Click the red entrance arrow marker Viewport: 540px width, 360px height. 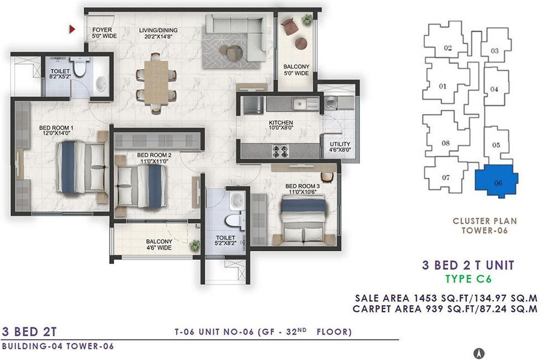tap(72, 29)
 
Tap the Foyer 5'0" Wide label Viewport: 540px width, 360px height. tap(104, 33)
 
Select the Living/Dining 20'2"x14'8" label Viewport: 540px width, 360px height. tap(158, 33)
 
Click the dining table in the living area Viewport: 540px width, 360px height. tap(156, 83)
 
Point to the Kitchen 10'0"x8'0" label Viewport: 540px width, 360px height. tap(281, 125)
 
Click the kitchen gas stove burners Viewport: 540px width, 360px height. tap(280, 152)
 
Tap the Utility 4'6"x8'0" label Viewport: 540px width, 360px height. tap(340, 147)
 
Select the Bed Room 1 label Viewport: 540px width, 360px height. tap(56, 130)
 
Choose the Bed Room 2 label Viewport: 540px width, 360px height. tap(154, 158)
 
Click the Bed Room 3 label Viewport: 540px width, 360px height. tap(302, 189)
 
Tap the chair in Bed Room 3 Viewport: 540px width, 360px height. tap(327, 177)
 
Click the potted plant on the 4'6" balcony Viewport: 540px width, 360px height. tap(195, 245)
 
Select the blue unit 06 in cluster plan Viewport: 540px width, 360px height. tap(496, 181)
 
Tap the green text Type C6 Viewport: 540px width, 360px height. tap(469, 279)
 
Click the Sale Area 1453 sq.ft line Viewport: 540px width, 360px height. tap(446, 298)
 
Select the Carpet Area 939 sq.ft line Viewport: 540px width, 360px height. tap(445, 308)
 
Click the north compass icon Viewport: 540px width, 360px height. tap(479, 353)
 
